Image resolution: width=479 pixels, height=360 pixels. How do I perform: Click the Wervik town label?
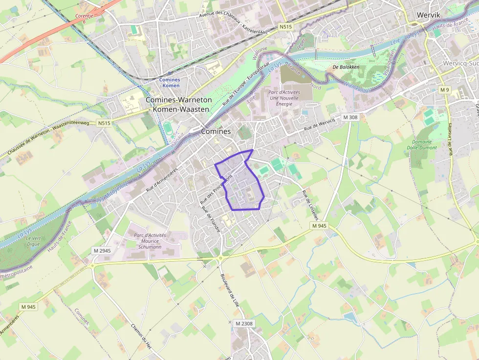point(429,15)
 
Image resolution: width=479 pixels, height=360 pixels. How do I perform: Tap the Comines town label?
point(216,131)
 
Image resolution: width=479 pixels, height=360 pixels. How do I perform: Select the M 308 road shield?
point(350,117)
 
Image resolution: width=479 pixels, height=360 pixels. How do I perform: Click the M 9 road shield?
point(444,90)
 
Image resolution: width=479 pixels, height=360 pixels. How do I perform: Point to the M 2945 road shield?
point(102,251)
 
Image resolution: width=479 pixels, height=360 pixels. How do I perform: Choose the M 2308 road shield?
point(244,323)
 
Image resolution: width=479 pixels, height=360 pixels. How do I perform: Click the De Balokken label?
point(346,67)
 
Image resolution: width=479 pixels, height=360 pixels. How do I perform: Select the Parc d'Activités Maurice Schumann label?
point(150,241)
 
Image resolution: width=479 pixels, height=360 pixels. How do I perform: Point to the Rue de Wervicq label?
point(319,125)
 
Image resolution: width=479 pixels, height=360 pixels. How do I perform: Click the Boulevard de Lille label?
point(230,289)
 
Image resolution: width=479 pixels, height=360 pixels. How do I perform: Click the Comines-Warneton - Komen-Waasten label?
point(179,104)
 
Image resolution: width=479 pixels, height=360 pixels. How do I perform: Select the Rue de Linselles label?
point(310,205)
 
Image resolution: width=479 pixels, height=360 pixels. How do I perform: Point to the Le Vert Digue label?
point(34,240)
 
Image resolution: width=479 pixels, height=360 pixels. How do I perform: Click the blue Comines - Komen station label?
point(170,83)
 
